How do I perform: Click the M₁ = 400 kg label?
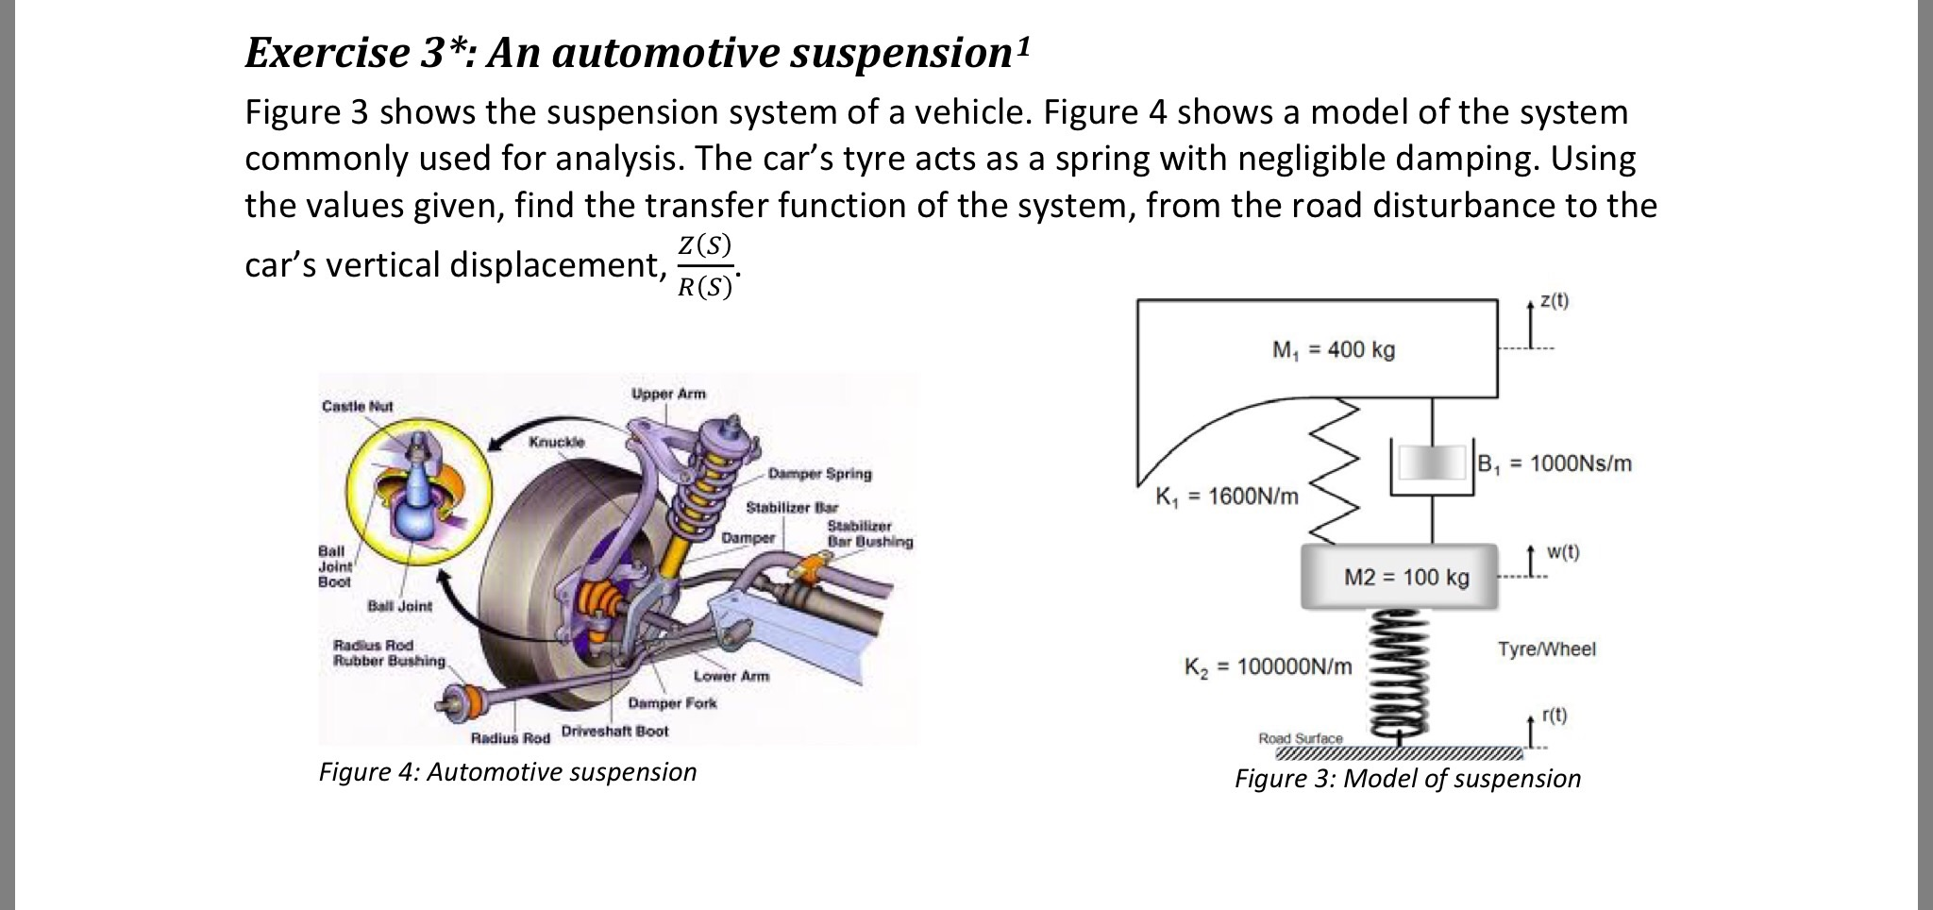tap(1333, 350)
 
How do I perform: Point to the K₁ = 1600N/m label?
tap(1226, 496)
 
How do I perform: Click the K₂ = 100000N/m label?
tap(1268, 667)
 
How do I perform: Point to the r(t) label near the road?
tap(1554, 716)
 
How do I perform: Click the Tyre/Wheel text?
tap(1546, 649)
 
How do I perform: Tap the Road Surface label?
tap(1300, 738)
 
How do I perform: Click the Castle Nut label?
tap(357, 406)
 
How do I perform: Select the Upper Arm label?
tap(668, 394)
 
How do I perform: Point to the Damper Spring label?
tap(819, 474)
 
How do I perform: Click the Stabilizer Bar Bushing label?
tap(869, 534)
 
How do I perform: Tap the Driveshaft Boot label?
tap(614, 732)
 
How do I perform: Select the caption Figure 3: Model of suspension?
tap(1407, 779)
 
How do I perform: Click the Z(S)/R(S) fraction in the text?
tap(705, 265)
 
